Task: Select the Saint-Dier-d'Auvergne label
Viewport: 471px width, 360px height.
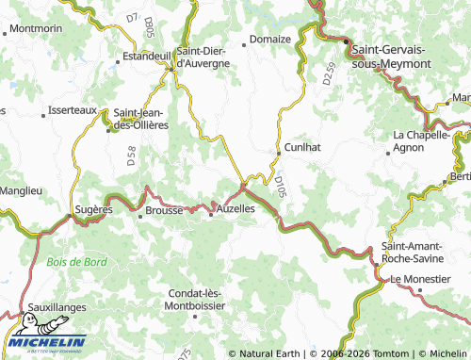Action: click(x=203, y=57)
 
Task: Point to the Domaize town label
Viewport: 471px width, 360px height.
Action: click(x=271, y=41)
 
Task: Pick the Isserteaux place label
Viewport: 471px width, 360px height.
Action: click(x=73, y=110)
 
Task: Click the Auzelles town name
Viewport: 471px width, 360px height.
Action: click(x=236, y=207)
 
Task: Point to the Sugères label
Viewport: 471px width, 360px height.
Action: click(x=94, y=209)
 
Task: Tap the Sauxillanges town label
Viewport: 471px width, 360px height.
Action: click(x=57, y=307)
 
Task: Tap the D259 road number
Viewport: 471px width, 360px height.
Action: click(x=328, y=74)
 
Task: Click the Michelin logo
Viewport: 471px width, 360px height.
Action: click(x=44, y=343)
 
